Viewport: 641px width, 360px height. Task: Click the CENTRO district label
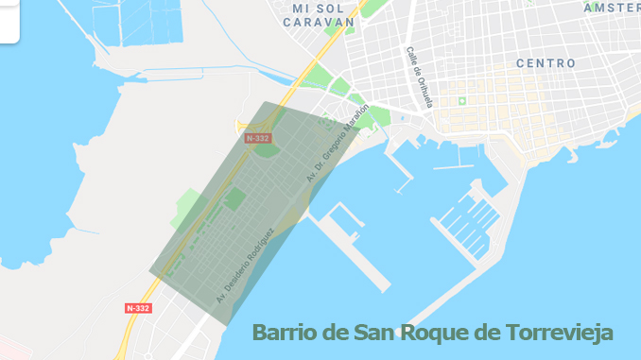546,63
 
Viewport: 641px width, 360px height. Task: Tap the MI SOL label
316,9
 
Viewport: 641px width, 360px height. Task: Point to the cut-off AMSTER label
613,8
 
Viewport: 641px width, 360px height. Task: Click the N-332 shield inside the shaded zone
257,138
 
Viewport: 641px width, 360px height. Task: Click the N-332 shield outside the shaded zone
138,308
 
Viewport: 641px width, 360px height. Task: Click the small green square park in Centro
462,101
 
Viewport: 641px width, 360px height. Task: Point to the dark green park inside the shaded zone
233,199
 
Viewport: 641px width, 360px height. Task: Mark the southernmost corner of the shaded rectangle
227,326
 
